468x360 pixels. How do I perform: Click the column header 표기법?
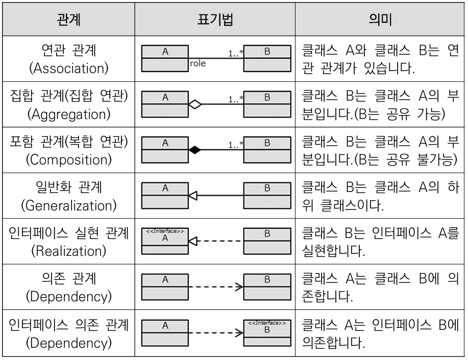point(215,20)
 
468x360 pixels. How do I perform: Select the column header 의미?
point(380,20)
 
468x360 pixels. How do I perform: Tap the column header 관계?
point(69,20)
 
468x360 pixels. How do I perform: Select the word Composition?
point(69,160)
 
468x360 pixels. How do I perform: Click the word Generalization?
point(69,206)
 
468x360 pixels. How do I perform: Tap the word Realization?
point(69,251)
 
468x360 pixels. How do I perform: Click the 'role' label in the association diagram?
point(198,63)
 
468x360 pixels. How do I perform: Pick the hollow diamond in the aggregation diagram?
point(195,104)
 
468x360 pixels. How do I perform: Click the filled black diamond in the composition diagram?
point(195,150)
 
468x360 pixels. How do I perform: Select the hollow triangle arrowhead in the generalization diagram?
point(193,196)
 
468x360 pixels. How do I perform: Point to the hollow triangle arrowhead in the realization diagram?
point(193,241)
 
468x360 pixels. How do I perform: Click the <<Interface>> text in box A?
point(165,231)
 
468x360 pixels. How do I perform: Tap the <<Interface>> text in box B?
point(267,323)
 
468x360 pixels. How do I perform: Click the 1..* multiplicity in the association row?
point(236,54)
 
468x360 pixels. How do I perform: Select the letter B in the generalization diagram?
point(267,188)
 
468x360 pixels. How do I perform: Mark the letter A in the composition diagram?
point(165,143)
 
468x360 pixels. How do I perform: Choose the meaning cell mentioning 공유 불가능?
point(380,150)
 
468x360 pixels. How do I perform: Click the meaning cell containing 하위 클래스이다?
point(380,196)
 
